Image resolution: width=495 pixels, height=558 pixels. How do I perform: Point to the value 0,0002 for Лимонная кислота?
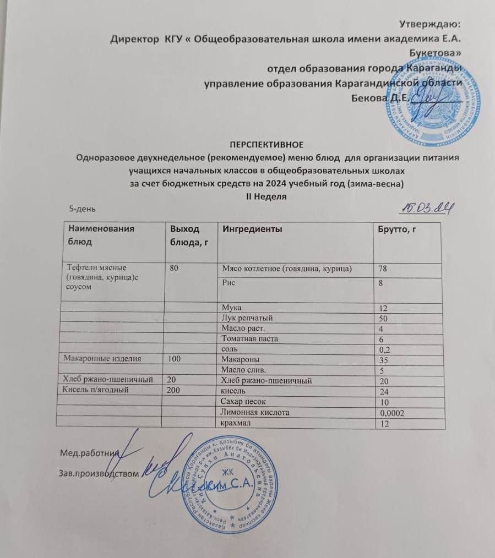392,412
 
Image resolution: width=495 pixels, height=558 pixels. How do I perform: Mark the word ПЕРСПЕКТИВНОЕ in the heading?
266,145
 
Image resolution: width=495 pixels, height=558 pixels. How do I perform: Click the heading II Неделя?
266,196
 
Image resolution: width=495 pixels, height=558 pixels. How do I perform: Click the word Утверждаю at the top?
430,24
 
